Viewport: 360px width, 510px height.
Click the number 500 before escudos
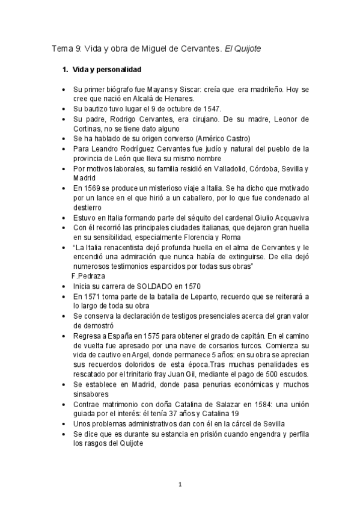point(266,375)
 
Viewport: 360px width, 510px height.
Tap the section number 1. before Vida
point(66,70)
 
